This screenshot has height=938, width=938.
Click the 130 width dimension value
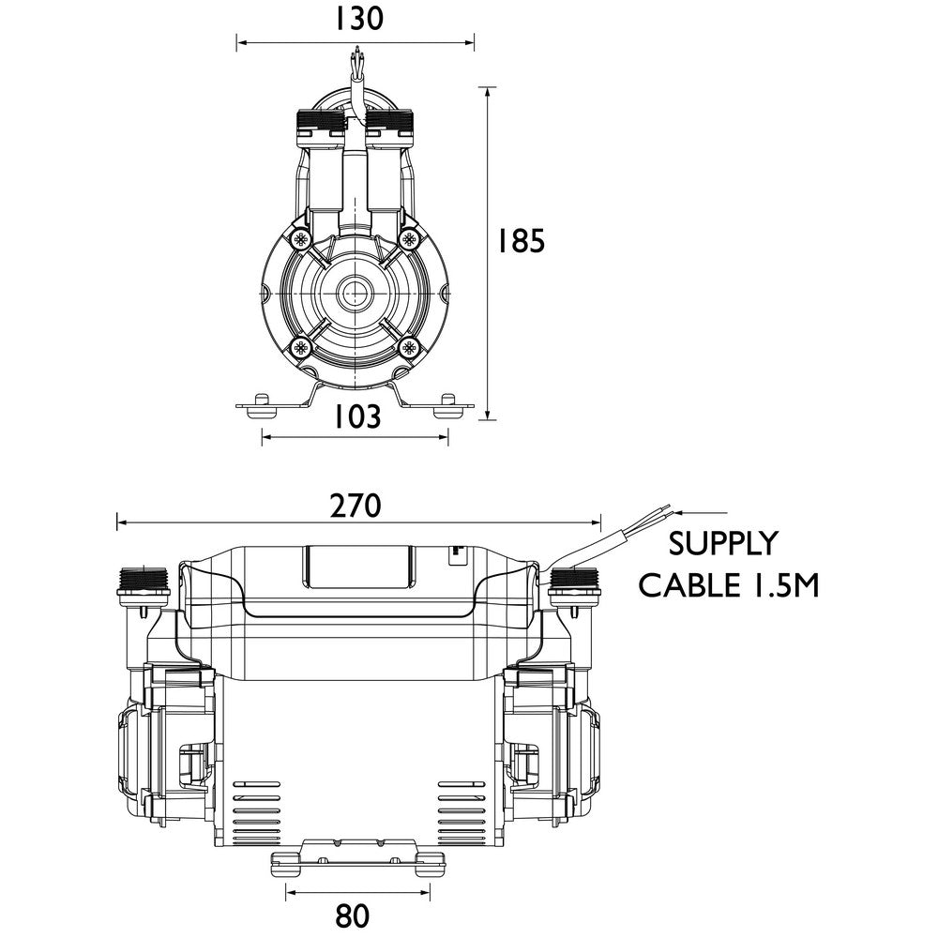356,19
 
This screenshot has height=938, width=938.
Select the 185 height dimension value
521,242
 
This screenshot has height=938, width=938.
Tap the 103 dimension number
356,416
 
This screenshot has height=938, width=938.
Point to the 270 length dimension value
356,506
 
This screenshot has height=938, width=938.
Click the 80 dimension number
352,915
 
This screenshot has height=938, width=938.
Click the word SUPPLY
722,544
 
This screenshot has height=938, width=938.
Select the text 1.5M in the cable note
781,586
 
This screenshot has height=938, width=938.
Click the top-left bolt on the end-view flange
301,239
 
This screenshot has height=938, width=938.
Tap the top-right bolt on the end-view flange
409,239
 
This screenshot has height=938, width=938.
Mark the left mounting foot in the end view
261,403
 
